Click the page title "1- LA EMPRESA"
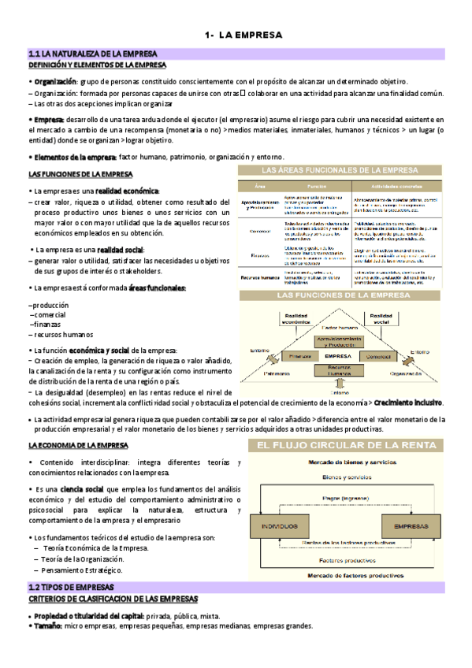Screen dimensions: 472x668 point(236,35)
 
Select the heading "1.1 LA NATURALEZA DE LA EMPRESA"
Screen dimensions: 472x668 point(92,54)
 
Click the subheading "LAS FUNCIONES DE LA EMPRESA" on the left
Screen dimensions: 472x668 point(80,174)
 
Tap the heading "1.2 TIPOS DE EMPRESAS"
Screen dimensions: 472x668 point(71,588)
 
